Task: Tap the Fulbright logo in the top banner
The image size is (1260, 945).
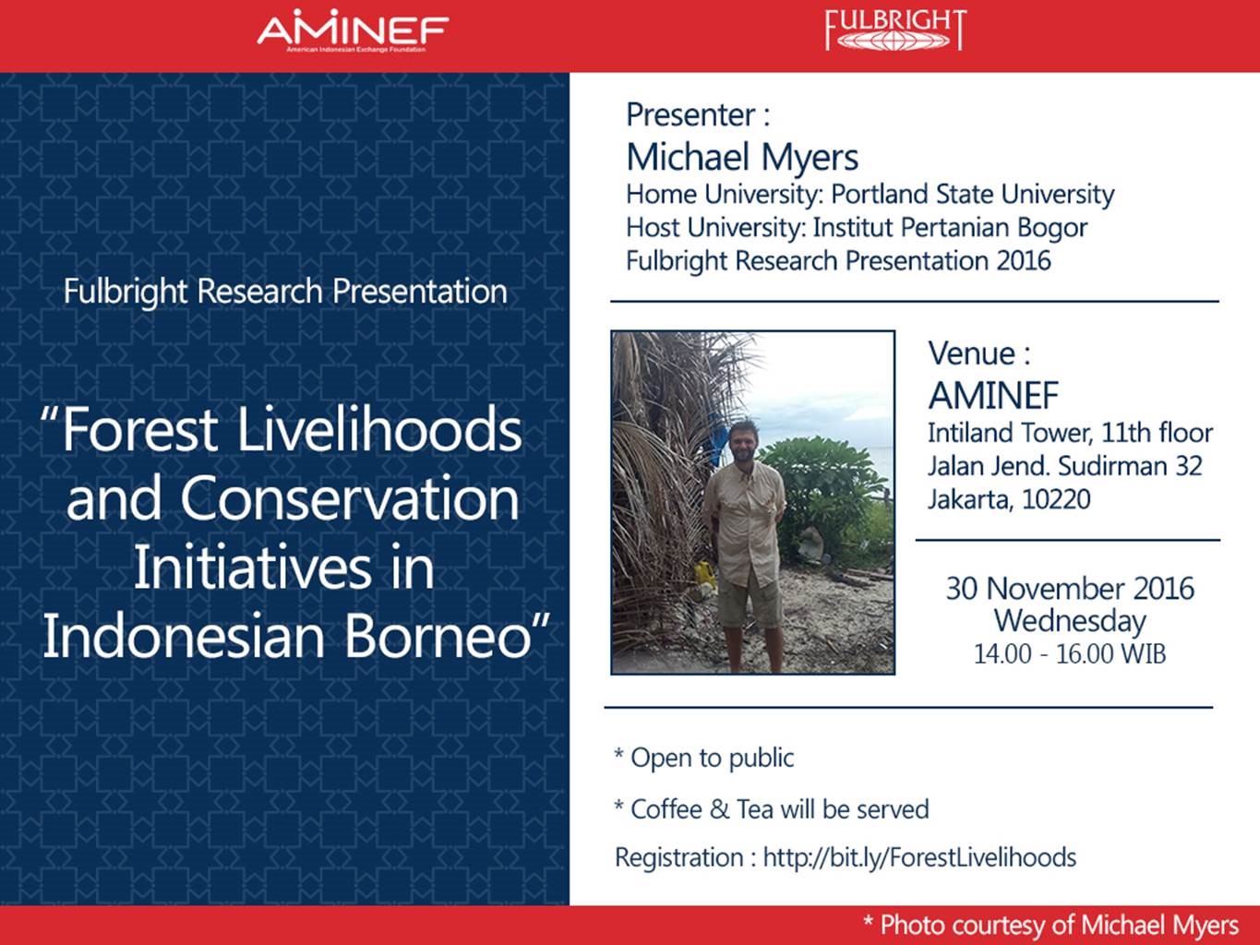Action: pos(895,30)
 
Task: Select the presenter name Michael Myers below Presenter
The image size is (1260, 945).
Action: pos(742,157)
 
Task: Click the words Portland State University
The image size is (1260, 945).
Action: pos(972,194)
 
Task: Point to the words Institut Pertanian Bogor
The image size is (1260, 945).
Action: pos(950,227)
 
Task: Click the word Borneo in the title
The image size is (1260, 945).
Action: pos(438,636)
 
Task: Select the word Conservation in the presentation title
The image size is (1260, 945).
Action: pos(350,498)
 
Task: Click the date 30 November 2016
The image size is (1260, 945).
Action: pos(1070,589)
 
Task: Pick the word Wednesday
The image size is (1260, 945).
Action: pos(1070,622)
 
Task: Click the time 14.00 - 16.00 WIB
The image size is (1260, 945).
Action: pos(1070,654)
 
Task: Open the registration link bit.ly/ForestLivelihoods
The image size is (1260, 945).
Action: pos(919,857)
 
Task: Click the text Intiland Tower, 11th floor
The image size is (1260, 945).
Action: pos(1071,433)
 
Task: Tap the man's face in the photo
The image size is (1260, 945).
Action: pos(744,444)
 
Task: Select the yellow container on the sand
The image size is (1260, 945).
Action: pos(705,576)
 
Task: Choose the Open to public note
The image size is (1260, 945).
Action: pos(704,758)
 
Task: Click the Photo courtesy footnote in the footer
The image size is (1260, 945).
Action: pos(1051,925)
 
